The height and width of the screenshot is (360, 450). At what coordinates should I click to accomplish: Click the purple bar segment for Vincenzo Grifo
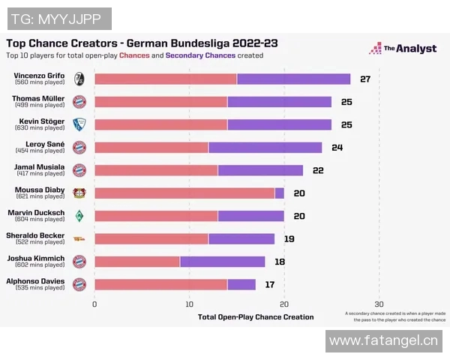(x=293, y=79)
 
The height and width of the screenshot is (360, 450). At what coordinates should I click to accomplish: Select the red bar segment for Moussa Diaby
(x=184, y=193)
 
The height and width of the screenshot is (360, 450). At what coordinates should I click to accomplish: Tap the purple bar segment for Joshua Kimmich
(x=223, y=262)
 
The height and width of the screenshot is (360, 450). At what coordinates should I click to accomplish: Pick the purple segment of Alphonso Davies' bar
(x=241, y=284)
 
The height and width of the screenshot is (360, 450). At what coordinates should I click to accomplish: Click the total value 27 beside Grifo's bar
(x=365, y=79)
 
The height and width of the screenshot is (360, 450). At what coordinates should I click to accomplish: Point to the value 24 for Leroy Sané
(x=337, y=147)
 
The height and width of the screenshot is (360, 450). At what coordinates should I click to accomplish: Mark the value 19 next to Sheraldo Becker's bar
(x=289, y=238)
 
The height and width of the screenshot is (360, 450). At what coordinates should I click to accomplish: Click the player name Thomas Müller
(x=37, y=98)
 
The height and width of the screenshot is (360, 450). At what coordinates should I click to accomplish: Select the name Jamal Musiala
(x=40, y=166)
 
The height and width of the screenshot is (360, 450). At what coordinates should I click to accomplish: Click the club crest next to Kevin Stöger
(x=79, y=124)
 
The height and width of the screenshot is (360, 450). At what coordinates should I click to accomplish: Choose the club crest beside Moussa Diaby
(x=79, y=193)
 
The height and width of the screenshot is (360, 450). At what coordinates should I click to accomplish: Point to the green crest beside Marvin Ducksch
(x=79, y=216)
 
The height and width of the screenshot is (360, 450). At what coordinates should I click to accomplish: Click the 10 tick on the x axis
(x=190, y=304)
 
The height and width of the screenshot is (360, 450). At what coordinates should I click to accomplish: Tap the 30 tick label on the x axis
(x=379, y=304)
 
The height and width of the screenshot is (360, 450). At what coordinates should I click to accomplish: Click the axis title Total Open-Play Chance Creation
(x=256, y=317)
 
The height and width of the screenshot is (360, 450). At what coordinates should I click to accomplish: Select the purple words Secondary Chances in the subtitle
(x=201, y=55)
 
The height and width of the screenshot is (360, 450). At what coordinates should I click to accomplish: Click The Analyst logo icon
(x=375, y=49)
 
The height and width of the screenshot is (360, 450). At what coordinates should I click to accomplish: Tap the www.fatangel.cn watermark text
(x=383, y=342)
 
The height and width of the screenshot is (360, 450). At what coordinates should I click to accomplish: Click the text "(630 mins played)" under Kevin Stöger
(x=40, y=127)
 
